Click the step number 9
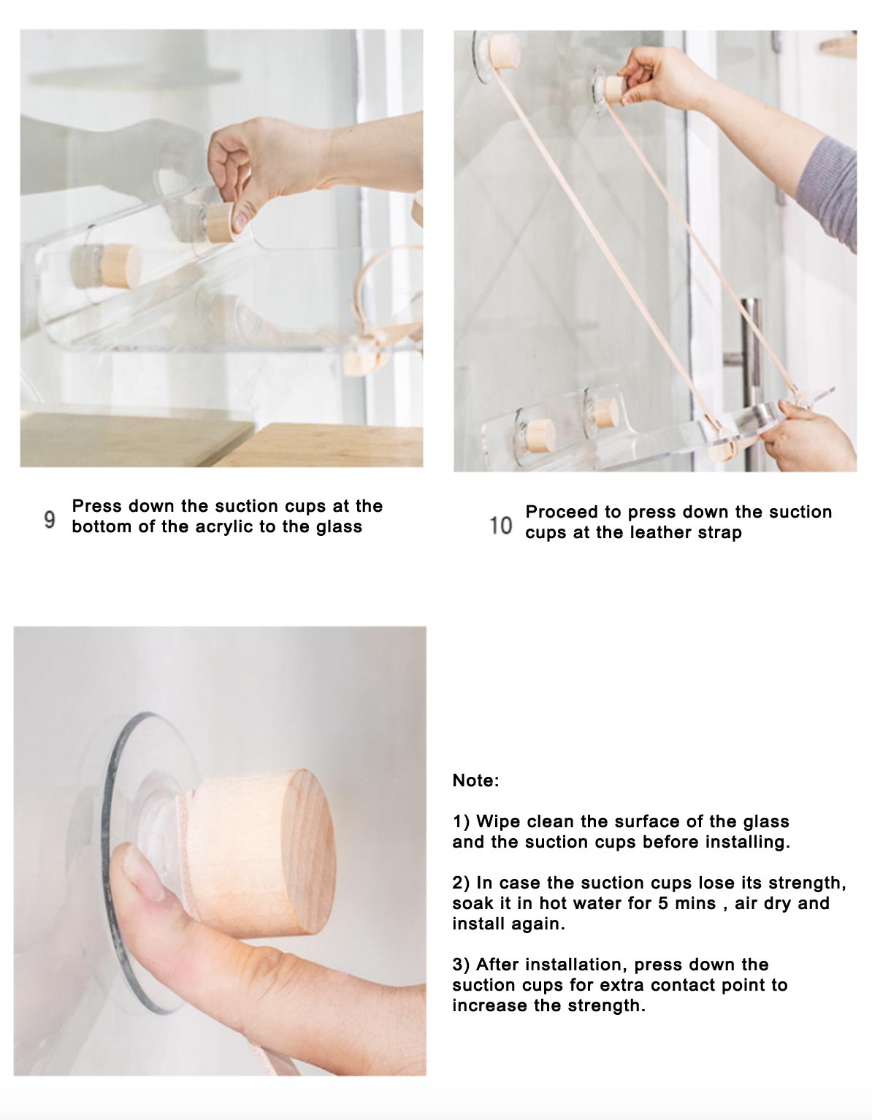[x=50, y=519]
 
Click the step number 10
[x=500, y=525]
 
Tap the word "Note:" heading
[x=475, y=780]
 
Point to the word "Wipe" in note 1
[x=499, y=821]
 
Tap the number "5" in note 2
[x=662, y=903]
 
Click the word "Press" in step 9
[x=97, y=506]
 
